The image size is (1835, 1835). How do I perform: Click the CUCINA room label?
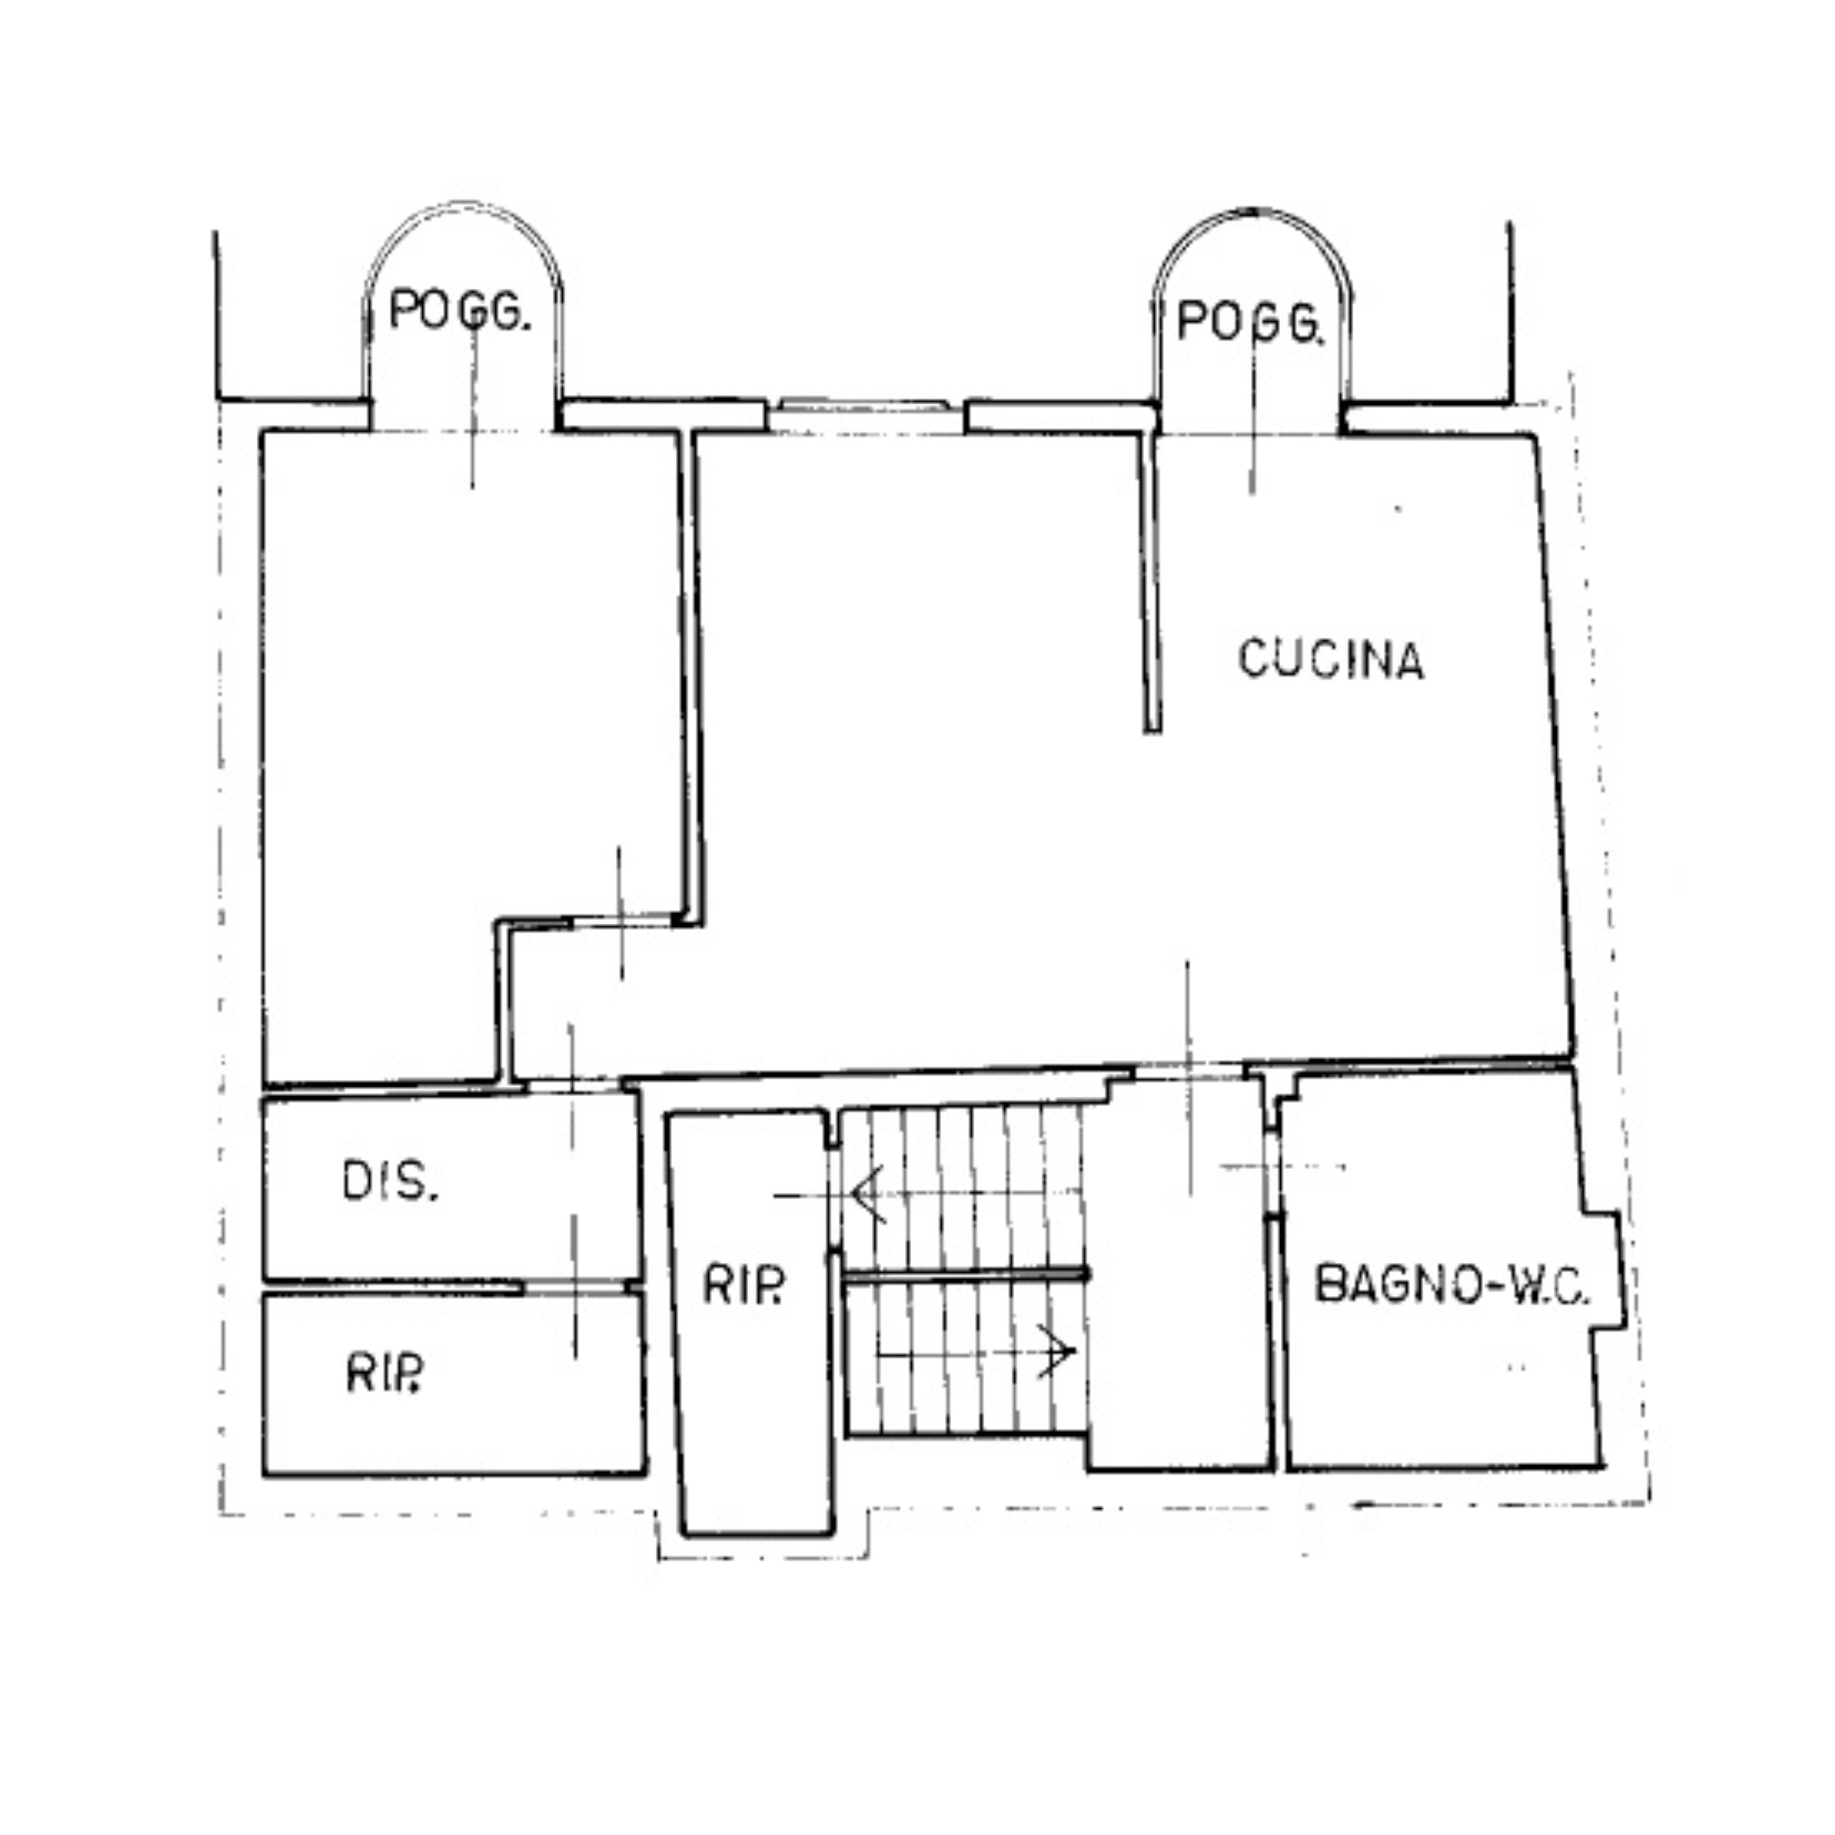(1330, 659)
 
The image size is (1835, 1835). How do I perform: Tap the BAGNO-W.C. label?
(1449, 1286)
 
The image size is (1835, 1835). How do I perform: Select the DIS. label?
(389, 1183)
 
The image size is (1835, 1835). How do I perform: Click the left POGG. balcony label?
(459, 310)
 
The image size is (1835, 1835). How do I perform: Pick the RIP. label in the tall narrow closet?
(744, 1287)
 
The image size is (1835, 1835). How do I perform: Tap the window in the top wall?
(864, 407)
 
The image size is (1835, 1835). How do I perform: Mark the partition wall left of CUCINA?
(1151, 579)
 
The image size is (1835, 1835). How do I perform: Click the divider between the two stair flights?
(964, 1274)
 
